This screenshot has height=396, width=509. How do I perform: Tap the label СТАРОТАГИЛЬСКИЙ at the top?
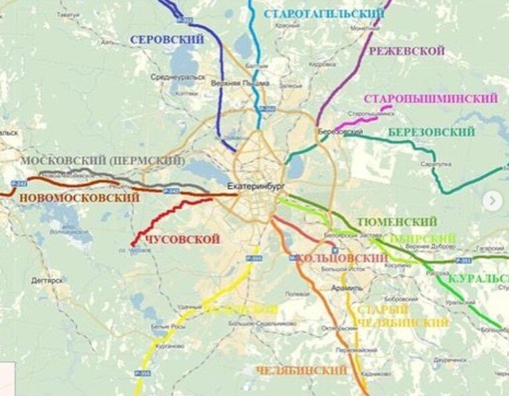point(324,13)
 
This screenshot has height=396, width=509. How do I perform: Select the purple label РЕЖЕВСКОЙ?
point(407,51)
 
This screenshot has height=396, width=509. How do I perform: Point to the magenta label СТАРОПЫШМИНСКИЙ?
point(431,99)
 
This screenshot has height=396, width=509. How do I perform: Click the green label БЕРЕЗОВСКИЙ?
point(431,132)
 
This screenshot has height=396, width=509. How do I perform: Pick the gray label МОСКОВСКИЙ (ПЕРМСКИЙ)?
point(102,161)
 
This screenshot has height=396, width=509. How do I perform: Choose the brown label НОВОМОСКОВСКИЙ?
point(79,198)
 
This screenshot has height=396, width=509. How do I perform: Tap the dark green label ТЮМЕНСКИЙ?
point(397,221)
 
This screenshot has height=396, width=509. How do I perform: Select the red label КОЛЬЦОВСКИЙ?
point(341,258)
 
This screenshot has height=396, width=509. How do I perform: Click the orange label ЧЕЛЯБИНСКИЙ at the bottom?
point(302,370)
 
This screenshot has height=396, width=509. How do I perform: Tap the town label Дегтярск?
point(47,281)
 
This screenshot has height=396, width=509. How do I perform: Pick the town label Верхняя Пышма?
point(239,83)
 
